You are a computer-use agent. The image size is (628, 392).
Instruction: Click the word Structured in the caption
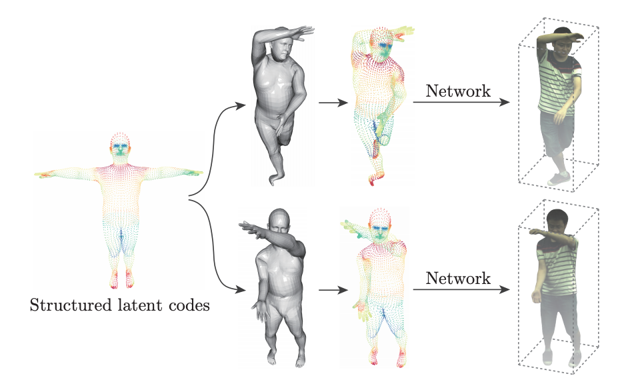(71, 305)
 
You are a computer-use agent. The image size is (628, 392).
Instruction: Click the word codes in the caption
(189, 305)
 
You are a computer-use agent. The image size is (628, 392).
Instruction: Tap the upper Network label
(458, 91)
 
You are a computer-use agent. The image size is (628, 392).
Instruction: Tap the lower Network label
(458, 278)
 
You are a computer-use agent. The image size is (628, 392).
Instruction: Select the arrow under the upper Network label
(461, 102)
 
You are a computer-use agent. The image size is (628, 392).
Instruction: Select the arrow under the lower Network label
(461, 289)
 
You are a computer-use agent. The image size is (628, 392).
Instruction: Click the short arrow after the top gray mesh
(333, 103)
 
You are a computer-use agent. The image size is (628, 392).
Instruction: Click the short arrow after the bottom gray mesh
(333, 290)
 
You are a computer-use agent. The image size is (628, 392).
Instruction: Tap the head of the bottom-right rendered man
(557, 221)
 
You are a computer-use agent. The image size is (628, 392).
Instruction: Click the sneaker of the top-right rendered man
(559, 179)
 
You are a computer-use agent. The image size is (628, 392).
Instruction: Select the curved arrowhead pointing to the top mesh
(240, 106)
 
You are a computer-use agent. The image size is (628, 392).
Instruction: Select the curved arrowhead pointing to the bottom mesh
(240, 289)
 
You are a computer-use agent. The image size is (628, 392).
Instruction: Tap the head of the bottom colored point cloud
(380, 223)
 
